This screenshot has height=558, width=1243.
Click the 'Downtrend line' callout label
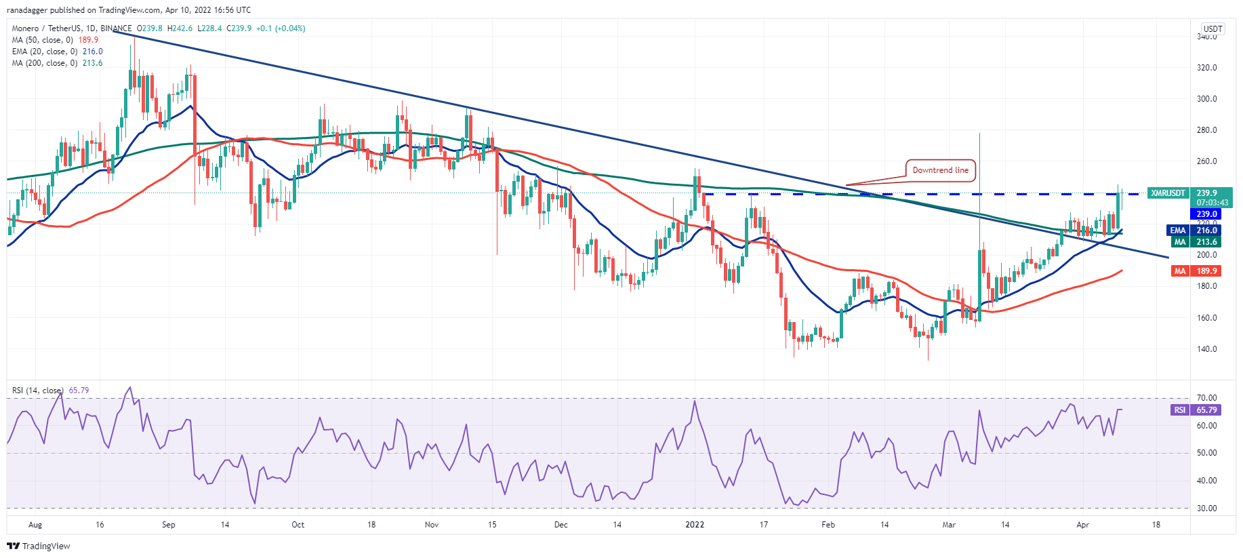[940, 170]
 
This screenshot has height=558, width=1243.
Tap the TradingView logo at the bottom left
[39, 546]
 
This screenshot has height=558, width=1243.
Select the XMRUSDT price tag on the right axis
[1168, 193]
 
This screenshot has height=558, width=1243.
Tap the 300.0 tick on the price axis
[1206, 99]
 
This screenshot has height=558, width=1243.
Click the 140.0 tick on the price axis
[1206, 349]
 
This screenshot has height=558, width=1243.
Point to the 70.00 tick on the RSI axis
[1206, 398]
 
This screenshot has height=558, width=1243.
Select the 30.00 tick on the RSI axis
[1206, 509]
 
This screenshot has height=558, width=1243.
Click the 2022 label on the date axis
[695, 525]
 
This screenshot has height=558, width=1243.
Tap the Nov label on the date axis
[432, 525]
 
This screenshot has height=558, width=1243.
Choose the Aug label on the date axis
[35, 525]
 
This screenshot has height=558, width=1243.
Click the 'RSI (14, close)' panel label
[38, 391]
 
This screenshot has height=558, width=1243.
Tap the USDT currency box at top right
[1213, 29]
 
